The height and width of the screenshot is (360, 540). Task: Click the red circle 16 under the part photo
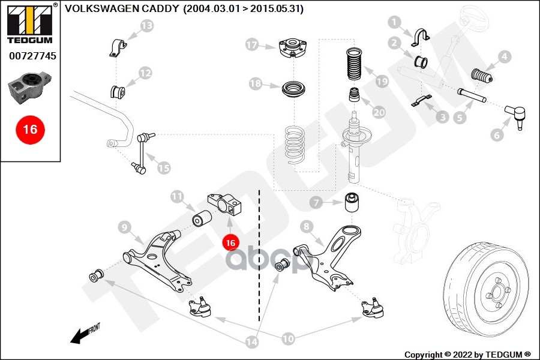30,129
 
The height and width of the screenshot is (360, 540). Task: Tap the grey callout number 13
146,25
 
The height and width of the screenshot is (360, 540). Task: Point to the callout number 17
251,44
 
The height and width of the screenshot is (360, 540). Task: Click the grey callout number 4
504,57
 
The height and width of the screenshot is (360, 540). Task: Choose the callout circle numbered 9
124,227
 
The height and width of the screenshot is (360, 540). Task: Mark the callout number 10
288,339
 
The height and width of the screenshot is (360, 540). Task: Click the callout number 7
316,203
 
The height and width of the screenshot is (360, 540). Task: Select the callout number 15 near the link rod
164,168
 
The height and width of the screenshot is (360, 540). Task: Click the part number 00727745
32,56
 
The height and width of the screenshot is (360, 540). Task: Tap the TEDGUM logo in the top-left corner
30,22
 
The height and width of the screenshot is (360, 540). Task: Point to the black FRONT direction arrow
84,334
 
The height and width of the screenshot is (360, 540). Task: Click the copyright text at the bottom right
467,354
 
